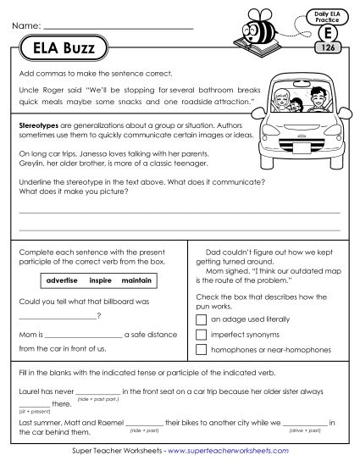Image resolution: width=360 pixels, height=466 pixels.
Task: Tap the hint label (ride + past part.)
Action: (x=96, y=397)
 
